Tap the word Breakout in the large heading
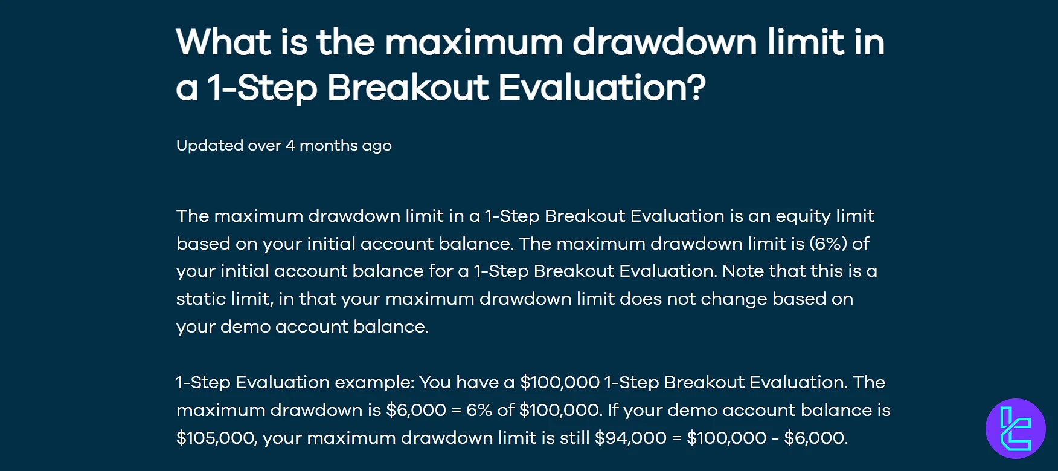click(x=408, y=88)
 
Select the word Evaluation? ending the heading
click(x=602, y=88)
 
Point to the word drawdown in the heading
click(x=664, y=42)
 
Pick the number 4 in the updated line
click(x=290, y=146)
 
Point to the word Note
click(x=743, y=271)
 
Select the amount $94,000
click(x=631, y=438)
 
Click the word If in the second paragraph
click(x=613, y=410)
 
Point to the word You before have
click(x=435, y=382)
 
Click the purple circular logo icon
click(x=1016, y=429)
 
